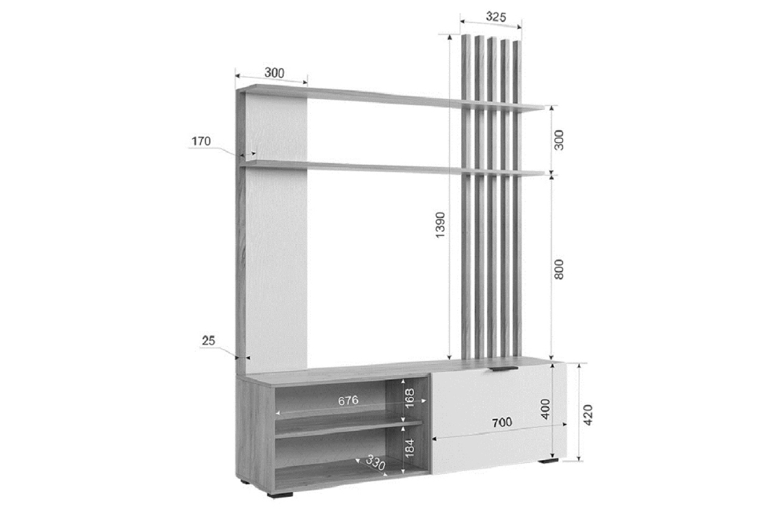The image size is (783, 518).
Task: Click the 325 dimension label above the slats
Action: pos(496,16)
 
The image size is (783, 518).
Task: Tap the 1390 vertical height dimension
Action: pos(440,224)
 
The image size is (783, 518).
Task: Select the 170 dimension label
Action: pos(201,141)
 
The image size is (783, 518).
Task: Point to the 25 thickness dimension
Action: pos(208,341)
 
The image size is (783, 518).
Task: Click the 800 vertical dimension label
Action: pos(559,269)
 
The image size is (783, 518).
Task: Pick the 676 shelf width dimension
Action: pos(348,400)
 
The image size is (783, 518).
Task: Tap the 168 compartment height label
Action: pos(409,398)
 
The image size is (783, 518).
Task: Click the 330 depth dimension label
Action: pos(375,462)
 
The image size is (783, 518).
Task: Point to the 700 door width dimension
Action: pos(501,422)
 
